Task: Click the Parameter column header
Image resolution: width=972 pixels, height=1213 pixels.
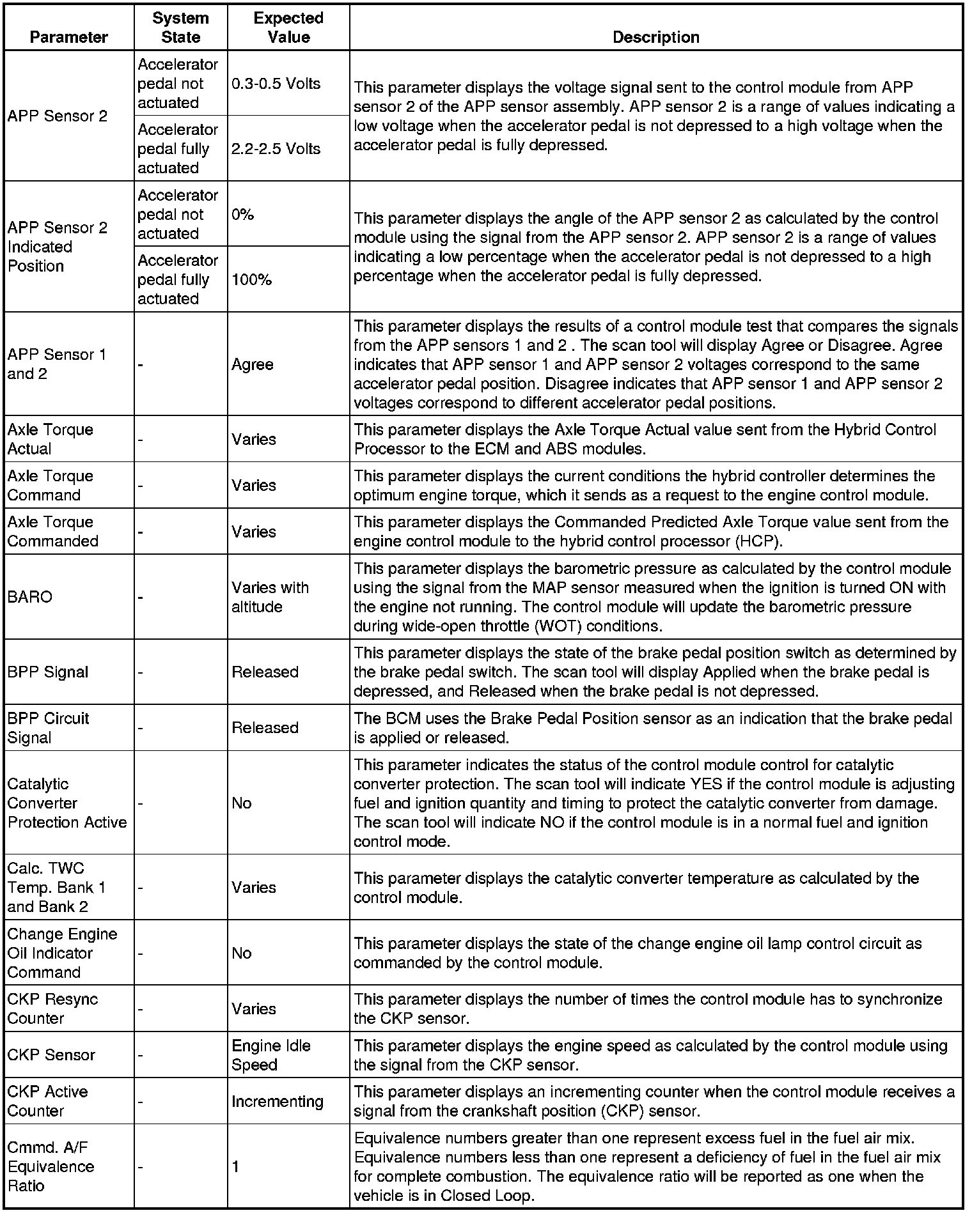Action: (x=69, y=37)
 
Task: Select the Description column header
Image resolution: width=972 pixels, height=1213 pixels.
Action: (x=655, y=37)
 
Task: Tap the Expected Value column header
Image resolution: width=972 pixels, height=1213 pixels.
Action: (x=288, y=27)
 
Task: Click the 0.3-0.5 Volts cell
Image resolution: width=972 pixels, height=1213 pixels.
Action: (x=276, y=84)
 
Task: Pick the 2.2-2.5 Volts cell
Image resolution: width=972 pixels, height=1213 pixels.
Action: (x=276, y=149)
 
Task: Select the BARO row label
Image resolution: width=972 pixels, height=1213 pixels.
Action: (x=29, y=597)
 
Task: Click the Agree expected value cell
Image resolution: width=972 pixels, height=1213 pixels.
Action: (x=253, y=364)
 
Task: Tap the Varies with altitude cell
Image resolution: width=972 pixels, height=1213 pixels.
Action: (x=270, y=597)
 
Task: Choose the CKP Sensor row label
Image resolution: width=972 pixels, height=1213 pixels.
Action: (x=51, y=1055)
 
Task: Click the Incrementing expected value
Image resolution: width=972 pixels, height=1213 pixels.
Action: (x=278, y=1101)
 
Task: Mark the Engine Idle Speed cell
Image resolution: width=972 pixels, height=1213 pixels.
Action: (x=271, y=1055)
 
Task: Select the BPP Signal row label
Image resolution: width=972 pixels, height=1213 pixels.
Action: (x=48, y=672)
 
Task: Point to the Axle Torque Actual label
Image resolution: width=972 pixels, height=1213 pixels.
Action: (x=51, y=439)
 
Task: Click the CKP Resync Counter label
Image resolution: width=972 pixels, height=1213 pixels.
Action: (x=52, y=1008)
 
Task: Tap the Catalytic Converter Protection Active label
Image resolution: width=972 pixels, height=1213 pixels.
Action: (x=67, y=803)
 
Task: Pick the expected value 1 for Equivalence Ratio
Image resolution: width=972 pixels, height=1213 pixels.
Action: (x=236, y=1167)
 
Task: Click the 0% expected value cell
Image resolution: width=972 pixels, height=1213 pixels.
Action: (x=243, y=215)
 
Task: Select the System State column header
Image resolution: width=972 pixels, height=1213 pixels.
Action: (x=180, y=27)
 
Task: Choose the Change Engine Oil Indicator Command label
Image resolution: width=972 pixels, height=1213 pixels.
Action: (x=62, y=953)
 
